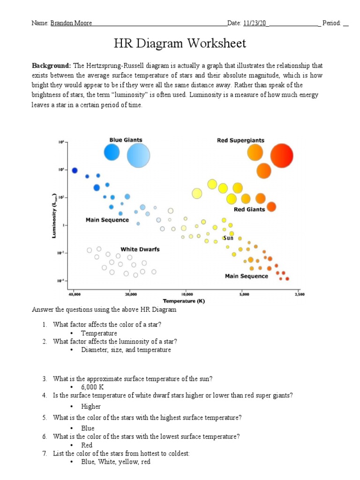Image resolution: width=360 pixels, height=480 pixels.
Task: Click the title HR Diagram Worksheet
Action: pos(180,44)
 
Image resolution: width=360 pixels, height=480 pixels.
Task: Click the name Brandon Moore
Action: pos(71,23)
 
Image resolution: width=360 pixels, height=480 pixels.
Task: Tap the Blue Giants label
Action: pos(126,140)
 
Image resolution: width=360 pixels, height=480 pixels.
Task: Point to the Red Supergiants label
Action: pos(240,140)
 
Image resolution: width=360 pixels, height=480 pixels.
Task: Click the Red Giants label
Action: pos(249,210)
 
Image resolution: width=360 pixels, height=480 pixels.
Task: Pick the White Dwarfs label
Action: pos(140,249)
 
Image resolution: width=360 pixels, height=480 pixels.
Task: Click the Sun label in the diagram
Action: pos(228,239)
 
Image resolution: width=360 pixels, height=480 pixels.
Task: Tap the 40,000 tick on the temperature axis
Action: pos(74,294)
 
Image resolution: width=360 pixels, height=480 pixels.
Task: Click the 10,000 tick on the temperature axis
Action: pos(187,294)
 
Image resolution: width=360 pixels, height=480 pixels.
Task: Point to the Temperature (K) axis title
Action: pos(184,300)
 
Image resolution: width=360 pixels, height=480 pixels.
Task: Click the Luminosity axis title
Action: pos(54,217)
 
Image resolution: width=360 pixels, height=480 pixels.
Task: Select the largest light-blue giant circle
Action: pos(138,156)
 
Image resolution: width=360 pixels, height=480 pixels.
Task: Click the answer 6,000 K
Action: pos(92,387)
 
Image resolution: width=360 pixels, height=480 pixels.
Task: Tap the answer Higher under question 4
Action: pos(90,406)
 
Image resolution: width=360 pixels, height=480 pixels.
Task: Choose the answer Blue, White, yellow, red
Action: pos(115,462)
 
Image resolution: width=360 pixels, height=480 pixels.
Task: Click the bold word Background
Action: pos(51,66)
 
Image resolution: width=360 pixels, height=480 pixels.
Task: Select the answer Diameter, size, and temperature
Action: pos(126,350)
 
